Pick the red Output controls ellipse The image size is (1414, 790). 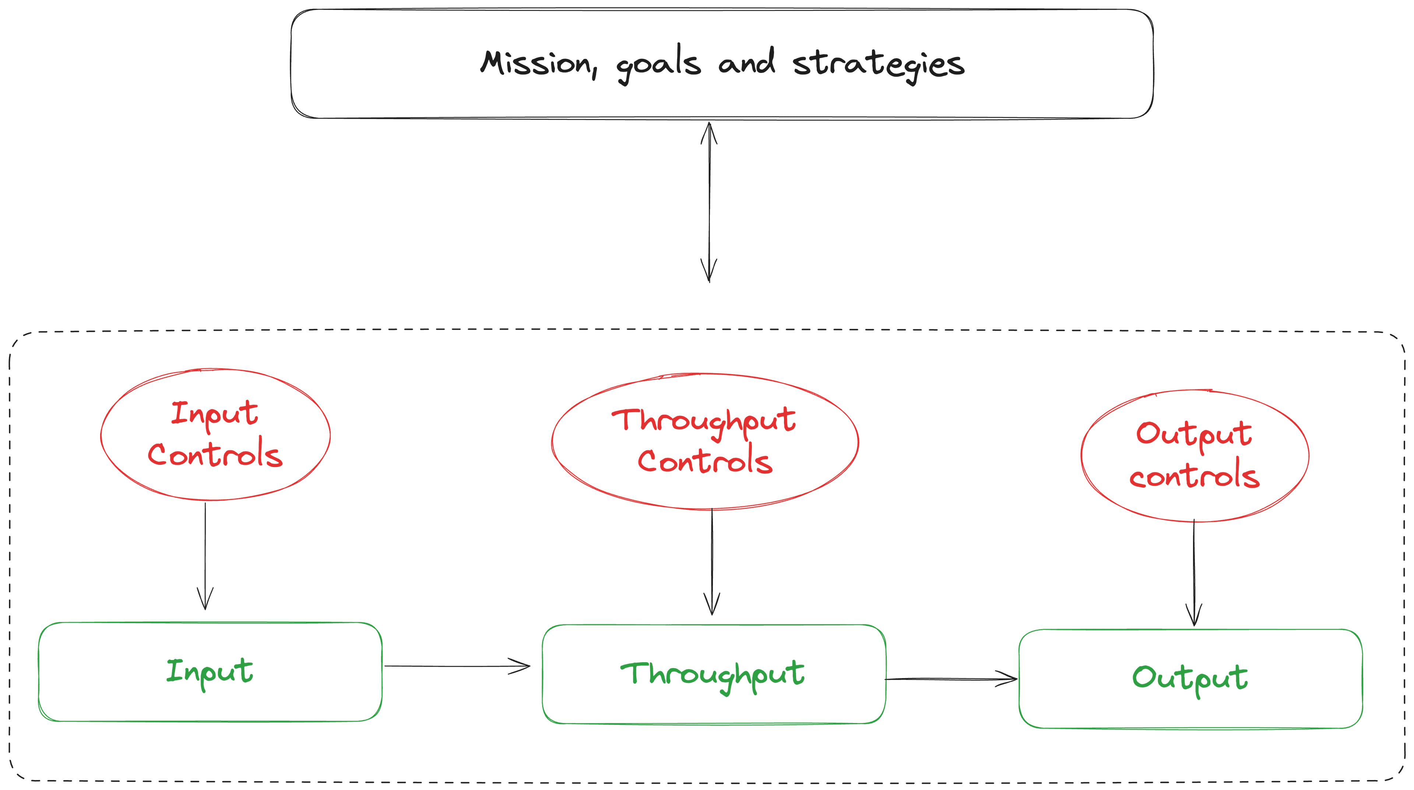click(x=1195, y=456)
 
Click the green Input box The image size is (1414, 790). click(x=210, y=672)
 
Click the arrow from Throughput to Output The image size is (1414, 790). click(x=951, y=680)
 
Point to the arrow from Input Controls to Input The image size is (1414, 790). click(x=205, y=555)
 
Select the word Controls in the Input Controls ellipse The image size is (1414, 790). click(x=215, y=456)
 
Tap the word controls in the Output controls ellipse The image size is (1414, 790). click(x=1195, y=477)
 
